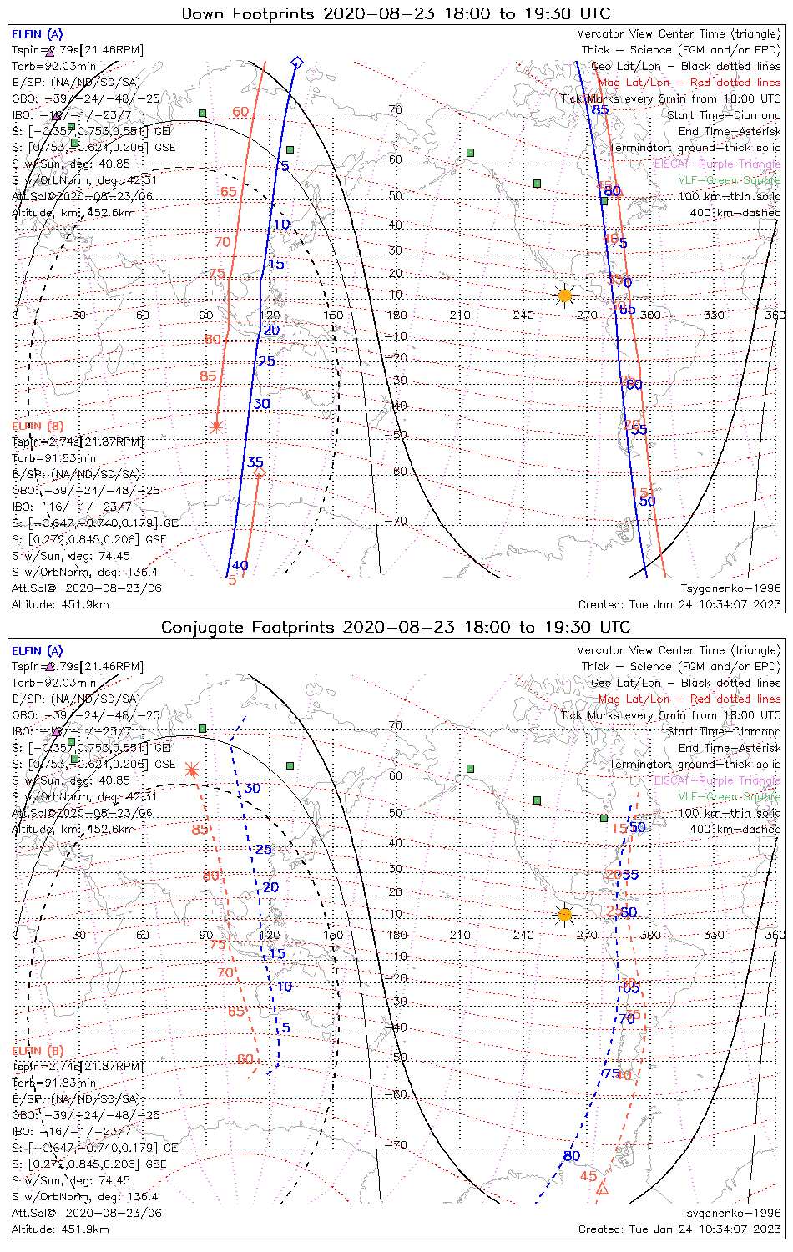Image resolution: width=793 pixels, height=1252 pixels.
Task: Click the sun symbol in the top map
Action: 565,295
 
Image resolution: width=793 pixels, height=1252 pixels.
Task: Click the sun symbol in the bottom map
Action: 565,915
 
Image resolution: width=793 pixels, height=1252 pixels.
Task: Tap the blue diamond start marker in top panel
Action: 296,63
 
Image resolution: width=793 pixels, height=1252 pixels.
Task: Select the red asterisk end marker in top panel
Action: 216,427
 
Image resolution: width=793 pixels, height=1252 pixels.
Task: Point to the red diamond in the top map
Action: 259,474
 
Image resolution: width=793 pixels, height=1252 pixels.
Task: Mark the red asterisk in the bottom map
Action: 192,769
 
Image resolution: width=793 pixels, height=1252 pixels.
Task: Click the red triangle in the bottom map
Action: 602,1188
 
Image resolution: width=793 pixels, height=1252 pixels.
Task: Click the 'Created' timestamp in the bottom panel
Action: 679,1229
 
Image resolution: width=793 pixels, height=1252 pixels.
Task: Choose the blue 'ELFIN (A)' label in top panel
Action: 37,34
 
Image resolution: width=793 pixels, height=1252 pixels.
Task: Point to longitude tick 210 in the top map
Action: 460,315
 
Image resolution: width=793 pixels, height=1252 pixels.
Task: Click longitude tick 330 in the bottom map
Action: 714,935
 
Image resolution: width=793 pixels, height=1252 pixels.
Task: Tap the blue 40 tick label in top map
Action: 240,566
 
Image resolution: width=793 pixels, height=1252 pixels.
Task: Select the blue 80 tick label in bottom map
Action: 571,1156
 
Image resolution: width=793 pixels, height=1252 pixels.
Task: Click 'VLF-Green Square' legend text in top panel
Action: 729,180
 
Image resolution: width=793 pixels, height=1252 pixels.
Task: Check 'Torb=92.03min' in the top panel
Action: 53,66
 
